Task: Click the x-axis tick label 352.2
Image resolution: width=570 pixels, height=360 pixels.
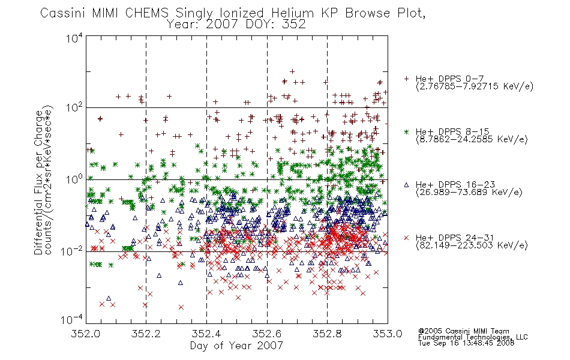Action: coord(146,334)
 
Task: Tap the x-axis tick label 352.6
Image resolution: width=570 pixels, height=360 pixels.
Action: coord(267,334)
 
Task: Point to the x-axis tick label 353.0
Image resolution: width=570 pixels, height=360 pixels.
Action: coord(388,334)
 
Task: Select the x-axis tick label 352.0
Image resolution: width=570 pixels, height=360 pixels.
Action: coord(85,334)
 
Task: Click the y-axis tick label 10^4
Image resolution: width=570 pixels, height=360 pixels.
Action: coord(74,38)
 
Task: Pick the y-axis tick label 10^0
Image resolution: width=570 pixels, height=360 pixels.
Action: coord(74,179)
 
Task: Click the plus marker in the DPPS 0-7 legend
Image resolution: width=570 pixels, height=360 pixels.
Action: coord(406,79)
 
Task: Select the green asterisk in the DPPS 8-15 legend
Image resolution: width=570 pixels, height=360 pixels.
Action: coord(406,131)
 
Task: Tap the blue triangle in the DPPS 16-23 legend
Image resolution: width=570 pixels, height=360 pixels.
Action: coord(406,185)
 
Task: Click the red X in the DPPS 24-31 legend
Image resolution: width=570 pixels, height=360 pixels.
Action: coord(406,238)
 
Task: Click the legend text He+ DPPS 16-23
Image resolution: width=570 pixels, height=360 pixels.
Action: coord(455,185)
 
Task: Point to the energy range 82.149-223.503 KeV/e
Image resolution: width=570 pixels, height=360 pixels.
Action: coord(472,245)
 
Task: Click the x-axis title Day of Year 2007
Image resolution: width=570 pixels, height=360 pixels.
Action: coord(236,346)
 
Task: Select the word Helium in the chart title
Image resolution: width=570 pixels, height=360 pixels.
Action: coord(293,13)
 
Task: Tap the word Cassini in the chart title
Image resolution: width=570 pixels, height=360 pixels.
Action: coord(63,13)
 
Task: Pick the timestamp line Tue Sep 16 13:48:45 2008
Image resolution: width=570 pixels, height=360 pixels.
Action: coord(466,343)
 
